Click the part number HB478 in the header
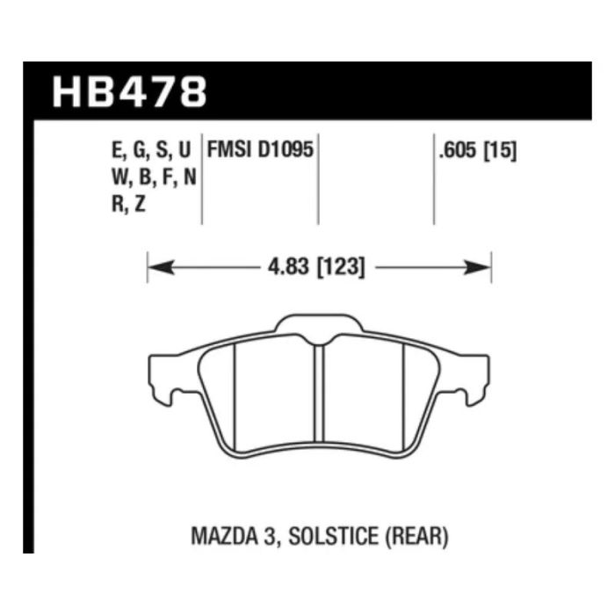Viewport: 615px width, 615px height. pyautogui.click(x=129, y=91)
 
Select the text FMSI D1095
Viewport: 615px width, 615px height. pyautogui.click(x=260, y=149)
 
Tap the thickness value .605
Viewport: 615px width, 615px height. pyautogui.click(x=458, y=150)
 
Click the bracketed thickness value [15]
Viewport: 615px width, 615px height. pyautogui.click(x=500, y=150)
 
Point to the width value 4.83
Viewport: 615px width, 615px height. pyautogui.click(x=289, y=267)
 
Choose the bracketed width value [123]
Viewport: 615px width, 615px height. pyautogui.click(x=341, y=267)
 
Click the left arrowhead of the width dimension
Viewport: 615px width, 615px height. pyautogui.click(x=161, y=267)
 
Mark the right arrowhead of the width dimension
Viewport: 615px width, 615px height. pyautogui.click(x=477, y=267)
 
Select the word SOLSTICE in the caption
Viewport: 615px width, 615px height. pyautogui.click(x=333, y=537)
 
